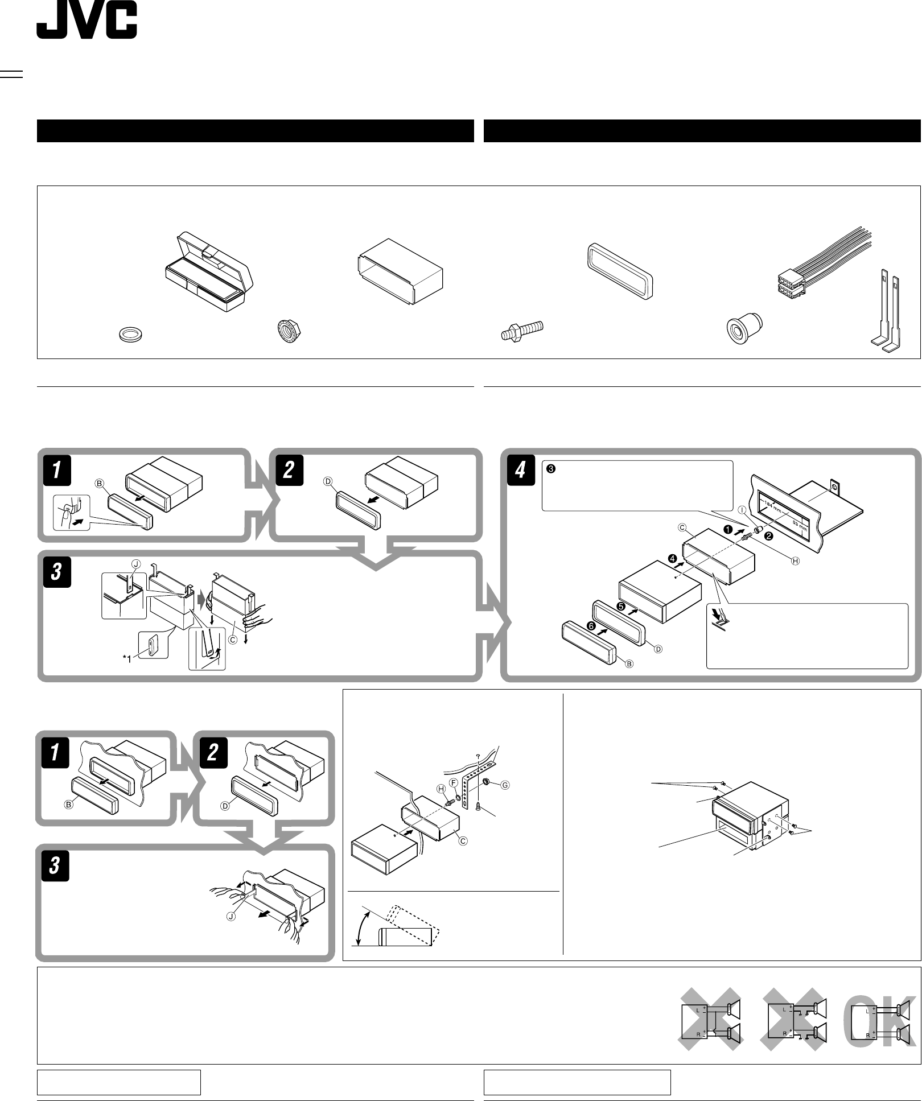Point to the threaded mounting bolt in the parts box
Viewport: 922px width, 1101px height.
tap(522, 331)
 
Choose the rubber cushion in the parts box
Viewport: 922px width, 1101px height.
tap(744, 331)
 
